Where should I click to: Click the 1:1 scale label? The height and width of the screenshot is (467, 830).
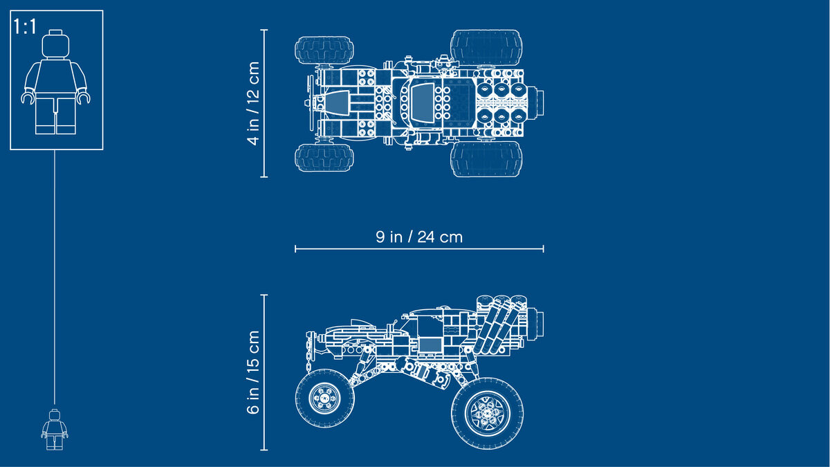(25, 27)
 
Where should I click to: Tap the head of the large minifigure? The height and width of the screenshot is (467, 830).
(55, 44)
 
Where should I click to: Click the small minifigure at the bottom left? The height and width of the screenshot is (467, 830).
(55, 430)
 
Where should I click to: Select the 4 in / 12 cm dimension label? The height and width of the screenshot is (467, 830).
(253, 103)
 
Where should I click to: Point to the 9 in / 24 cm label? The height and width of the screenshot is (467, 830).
(419, 237)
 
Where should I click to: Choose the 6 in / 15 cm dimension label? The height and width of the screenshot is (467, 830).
(253, 372)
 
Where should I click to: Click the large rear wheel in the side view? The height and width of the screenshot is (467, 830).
(487, 413)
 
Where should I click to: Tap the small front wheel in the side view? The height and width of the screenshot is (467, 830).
(324, 398)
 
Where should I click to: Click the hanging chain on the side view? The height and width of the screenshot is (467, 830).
(308, 352)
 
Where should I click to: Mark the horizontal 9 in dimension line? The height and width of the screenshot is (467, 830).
(419, 249)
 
